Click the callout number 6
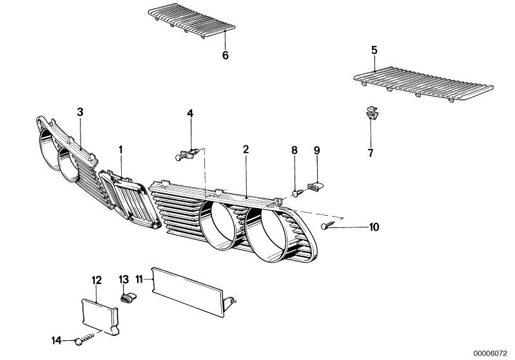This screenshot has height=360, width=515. [x=226, y=55]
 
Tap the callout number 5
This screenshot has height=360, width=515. [x=374, y=50]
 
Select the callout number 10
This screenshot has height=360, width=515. [x=374, y=227]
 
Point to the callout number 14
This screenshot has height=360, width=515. [x=57, y=340]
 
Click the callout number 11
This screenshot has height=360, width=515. [x=139, y=279]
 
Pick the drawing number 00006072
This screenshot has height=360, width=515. [x=490, y=354]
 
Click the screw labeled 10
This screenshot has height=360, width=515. [x=327, y=225]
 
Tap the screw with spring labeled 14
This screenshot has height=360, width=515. [x=84, y=338]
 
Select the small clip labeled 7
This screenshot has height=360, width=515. [x=372, y=113]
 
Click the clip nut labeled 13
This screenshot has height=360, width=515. [x=128, y=298]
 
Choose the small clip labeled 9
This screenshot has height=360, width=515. [x=315, y=186]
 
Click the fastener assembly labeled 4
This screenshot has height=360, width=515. [x=188, y=154]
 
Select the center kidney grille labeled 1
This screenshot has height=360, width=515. [x=130, y=199]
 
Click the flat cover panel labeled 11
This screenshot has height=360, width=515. [x=192, y=291]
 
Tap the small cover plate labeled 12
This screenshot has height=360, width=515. [x=99, y=316]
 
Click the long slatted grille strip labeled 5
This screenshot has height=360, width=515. [x=423, y=84]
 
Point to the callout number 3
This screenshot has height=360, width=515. [x=80, y=112]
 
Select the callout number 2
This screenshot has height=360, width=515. [x=246, y=149]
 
